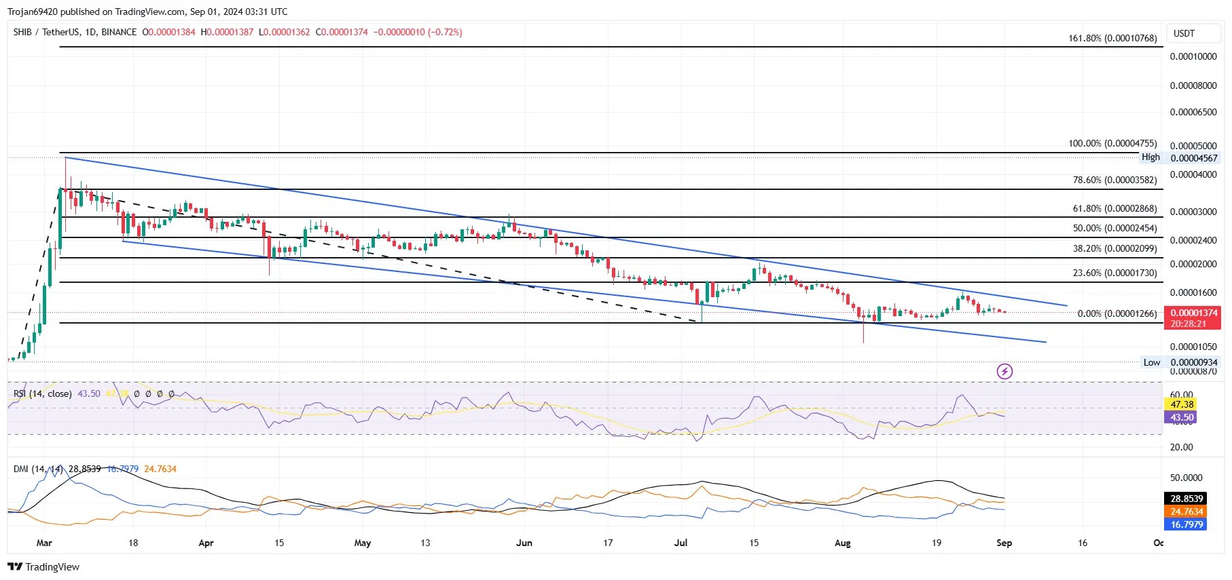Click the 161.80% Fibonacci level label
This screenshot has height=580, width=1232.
[x=1112, y=38]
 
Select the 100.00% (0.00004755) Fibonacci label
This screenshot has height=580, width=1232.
[x=1112, y=143]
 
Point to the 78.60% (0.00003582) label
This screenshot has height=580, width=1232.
[x=1115, y=180]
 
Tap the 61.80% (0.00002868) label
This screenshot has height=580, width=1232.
[x=1115, y=208]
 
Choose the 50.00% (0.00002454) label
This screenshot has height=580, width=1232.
[x=1115, y=228]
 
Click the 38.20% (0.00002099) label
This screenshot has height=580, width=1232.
[x=1115, y=248]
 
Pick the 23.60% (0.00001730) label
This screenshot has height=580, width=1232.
[x=1115, y=273]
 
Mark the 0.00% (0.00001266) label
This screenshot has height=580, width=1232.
[x=1117, y=313]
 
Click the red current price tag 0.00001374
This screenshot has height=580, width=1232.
[x=1193, y=313]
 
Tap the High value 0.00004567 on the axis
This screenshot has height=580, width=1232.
[x=1194, y=158]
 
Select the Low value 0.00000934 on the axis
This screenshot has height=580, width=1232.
[x=1194, y=362]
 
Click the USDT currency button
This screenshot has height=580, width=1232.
[x=1184, y=33]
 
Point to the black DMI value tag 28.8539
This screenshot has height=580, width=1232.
[x=1186, y=499]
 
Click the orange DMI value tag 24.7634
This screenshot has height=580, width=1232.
[x=1186, y=511]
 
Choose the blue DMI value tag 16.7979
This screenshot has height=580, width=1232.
[x=1186, y=524]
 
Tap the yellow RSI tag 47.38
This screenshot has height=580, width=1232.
[x=1182, y=404]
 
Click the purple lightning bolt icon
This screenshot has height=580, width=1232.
[x=1004, y=371]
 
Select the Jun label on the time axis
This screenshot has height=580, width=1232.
[x=524, y=543]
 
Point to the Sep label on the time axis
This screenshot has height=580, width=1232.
[x=1004, y=543]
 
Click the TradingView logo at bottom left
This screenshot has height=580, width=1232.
[x=43, y=566]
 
